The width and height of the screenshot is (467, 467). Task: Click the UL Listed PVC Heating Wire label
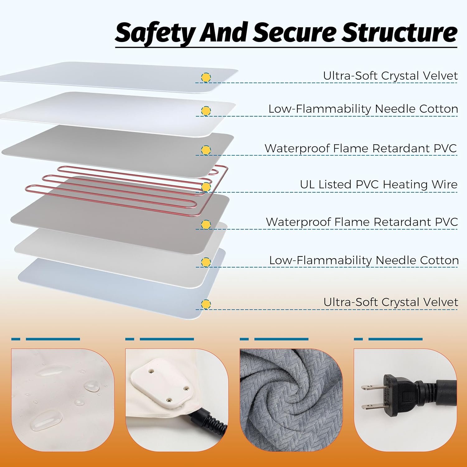(x=379, y=184)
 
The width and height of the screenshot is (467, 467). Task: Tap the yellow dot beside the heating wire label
(x=206, y=187)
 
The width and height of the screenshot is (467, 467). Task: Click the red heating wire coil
(x=125, y=190)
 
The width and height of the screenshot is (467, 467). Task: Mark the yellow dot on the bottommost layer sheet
(x=205, y=304)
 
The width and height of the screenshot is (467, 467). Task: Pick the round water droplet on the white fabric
(x=92, y=386)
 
